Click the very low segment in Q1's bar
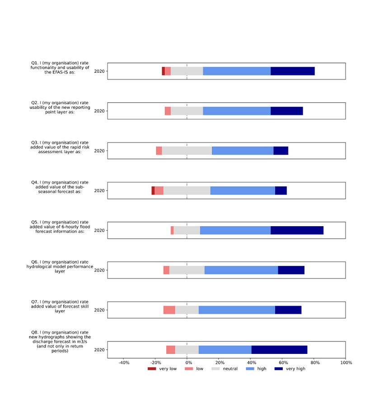point(163,71)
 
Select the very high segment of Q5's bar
point(297,230)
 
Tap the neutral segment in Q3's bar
point(187,151)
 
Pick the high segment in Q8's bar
point(225,350)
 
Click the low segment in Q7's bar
point(169,310)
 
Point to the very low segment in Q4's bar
point(153,190)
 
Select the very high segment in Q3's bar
point(281,151)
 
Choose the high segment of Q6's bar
point(241,270)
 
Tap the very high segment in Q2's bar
point(286,111)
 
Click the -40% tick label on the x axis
point(124,362)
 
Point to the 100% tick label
point(346,362)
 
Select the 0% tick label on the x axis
point(187,362)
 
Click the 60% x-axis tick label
point(283,362)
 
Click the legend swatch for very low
point(151,369)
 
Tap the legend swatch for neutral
point(215,369)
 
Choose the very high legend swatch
point(278,369)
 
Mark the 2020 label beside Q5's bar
point(99,230)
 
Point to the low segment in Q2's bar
point(168,111)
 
